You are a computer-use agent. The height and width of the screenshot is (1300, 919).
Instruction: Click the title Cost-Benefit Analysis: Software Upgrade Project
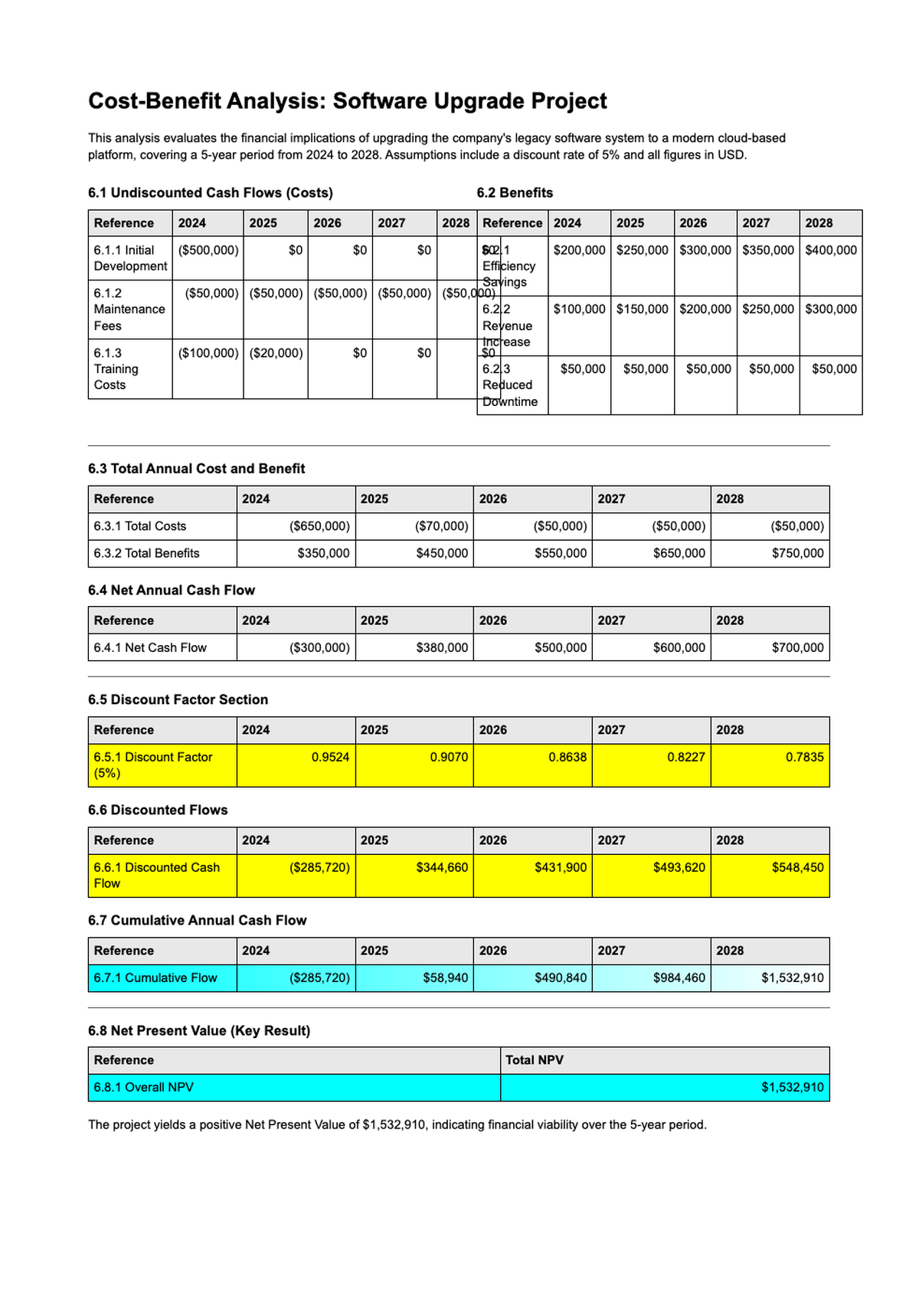pos(348,101)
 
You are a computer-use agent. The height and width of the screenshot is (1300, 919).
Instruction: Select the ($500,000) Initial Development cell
pos(208,251)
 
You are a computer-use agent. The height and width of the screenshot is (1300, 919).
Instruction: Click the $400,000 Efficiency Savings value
pos(831,251)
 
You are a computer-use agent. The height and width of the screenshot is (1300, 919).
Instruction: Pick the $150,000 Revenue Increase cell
pos(643,309)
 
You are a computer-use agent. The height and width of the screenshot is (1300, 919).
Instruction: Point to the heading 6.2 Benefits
pos(515,193)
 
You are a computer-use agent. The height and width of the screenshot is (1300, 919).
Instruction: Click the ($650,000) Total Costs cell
pos(319,526)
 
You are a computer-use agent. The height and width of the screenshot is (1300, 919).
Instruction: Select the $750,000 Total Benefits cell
pos(797,553)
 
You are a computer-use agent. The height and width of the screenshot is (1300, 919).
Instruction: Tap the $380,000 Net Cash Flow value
pos(442,647)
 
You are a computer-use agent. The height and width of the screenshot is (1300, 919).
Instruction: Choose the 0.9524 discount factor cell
pos(330,757)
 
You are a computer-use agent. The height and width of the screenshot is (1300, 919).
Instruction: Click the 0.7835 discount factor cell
pos(804,757)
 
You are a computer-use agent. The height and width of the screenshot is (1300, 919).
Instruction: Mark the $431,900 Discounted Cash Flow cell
pos(561,867)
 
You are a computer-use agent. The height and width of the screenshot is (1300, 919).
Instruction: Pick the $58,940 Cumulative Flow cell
pos(445,977)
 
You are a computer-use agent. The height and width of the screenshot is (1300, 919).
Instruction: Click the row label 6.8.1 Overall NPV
pos(144,1087)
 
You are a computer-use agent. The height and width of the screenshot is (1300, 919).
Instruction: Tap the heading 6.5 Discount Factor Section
pos(178,699)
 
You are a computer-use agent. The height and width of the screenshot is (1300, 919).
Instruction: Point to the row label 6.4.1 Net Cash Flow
pos(150,647)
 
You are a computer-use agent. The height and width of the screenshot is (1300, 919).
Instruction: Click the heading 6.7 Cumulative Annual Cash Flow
pos(197,920)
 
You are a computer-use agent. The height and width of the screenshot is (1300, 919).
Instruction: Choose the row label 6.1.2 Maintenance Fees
pos(129,309)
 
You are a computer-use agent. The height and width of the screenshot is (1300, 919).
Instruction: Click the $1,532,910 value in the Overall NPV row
pos(793,1087)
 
